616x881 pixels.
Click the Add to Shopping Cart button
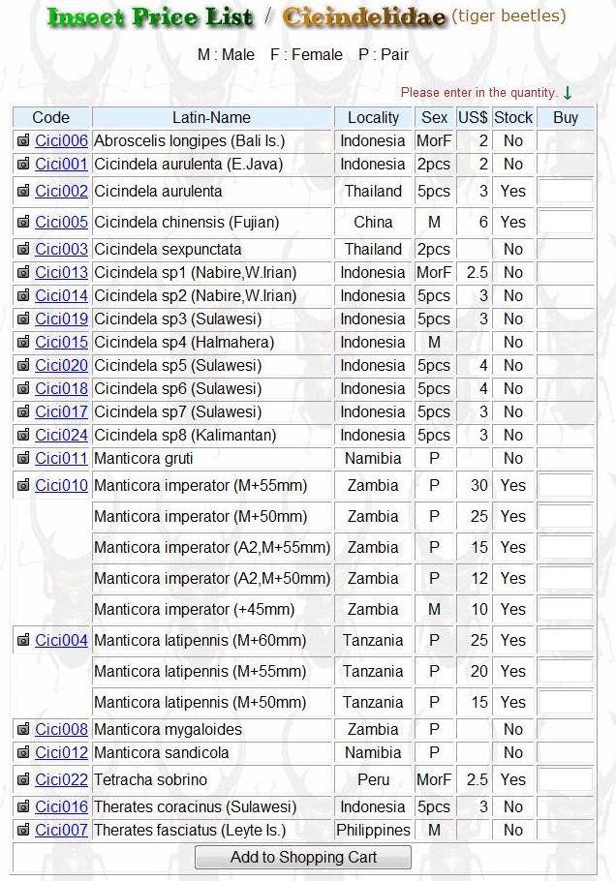click(303, 857)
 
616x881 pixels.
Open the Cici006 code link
click(61, 140)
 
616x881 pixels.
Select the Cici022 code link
click(61, 779)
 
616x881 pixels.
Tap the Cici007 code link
click(61, 830)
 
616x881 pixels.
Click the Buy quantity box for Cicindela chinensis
click(566, 222)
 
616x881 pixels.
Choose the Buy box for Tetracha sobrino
click(566, 779)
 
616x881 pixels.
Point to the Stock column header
click(512, 117)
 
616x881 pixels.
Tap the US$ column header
click(473, 117)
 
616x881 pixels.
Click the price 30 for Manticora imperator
click(478, 485)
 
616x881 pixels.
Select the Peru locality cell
click(373, 779)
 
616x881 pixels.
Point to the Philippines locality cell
click(373, 830)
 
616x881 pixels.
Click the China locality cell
click(373, 222)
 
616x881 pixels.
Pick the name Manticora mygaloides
click(168, 729)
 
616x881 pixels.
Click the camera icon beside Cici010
click(23, 485)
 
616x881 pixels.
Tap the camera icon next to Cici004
click(23, 640)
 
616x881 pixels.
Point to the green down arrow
click(568, 92)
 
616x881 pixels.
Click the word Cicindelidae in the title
click(364, 17)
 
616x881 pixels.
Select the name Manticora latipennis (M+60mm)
click(200, 640)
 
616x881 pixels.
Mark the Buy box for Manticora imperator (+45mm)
click(566, 609)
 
